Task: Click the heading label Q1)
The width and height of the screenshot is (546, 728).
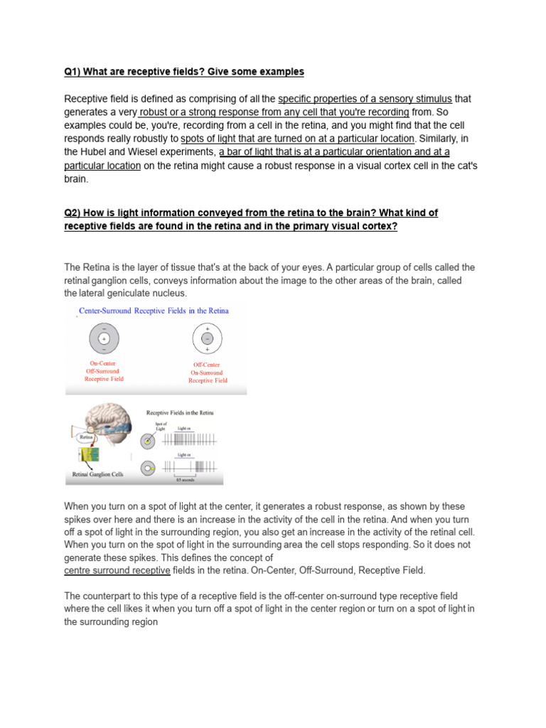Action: pos(75,72)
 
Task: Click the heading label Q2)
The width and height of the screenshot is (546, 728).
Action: pos(75,213)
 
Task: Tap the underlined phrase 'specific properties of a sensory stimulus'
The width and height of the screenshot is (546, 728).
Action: pos(365,99)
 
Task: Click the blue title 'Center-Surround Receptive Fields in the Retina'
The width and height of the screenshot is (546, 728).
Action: pos(153,311)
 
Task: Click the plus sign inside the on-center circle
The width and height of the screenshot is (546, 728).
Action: pos(104,339)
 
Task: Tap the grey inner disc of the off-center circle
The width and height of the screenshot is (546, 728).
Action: pos(208,339)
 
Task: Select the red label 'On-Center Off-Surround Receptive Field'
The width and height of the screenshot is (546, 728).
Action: pos(104,371)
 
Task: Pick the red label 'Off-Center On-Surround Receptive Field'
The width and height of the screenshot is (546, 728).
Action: pos(208,373)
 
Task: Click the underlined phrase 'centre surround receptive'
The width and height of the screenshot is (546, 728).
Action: pos(117,571)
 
